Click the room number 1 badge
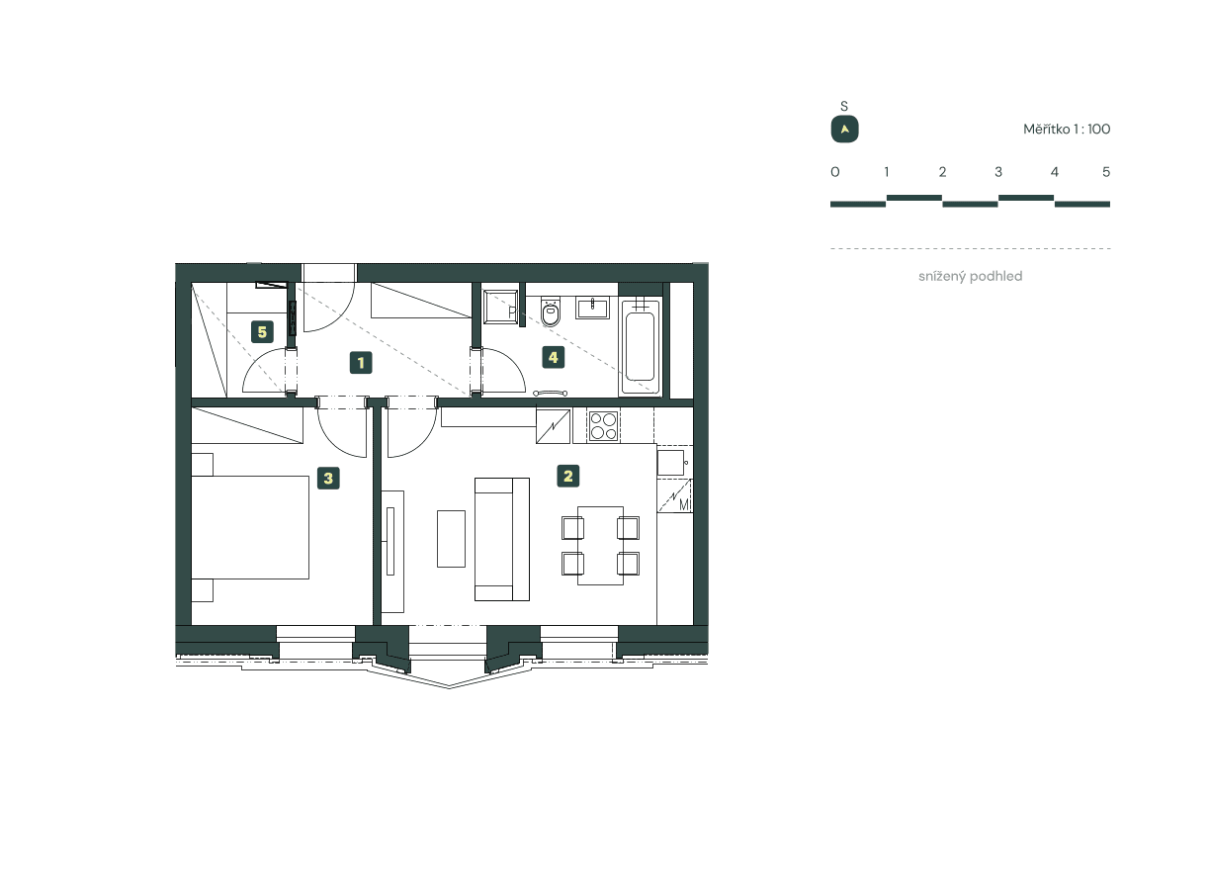pyautogui.click(x=362, y=363)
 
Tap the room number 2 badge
pyautogui.click(x=567, y=477)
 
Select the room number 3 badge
pyautogui.click(x=329, y=479)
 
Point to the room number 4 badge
pyautogui.click(x=554, y=357)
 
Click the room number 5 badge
pyautogui.click(x=262, y=331)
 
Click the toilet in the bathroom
pyautogui.click(x=552, y=313)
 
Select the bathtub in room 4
pyautogui.click(x=640, y=346)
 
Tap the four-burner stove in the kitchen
pyautogui.click(x=603, y=426)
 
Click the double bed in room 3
pyautogui.click(x=250, y=527)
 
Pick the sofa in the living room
pyautogui.click(x=502, y=538)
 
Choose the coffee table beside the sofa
pyautogui.click(x=451, y=538)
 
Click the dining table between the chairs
pyautogui.click(x=600, y=545)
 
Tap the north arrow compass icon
pyautogui.click(x=844, y=130)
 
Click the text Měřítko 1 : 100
pyautogui.click(x=1067, y=130)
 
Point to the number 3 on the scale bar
pyautogui.click(x=998, y=172)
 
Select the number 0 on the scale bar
pyautogui.click(x=835, y=172)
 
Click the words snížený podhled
pyautogui.click(x=970, y=277)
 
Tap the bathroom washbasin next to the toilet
pyautogui.click(x=592, y=307)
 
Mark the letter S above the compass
pyautogui.click(x=844, y=106)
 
